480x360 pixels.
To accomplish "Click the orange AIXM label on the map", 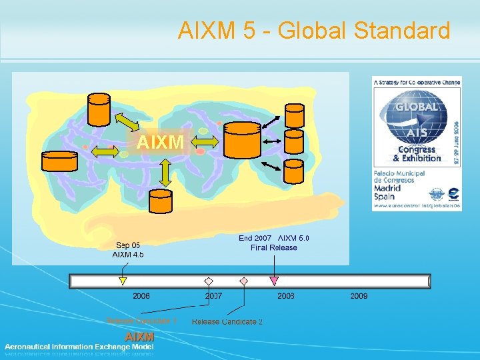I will point(160,142).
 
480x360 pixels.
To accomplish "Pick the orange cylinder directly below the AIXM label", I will point(165,203).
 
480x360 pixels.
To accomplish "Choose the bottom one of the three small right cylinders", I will point(294,171).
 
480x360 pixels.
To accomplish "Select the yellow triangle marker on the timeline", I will point(123,281).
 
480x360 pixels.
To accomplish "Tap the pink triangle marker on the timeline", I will point(273,281).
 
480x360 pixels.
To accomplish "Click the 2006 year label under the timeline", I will point(141,295).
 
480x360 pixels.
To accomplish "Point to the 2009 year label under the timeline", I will point(359,295).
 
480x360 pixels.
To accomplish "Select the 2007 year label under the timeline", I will point(214,295).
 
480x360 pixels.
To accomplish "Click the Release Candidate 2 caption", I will point(227,322).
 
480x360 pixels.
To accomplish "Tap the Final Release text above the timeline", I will point(274,247).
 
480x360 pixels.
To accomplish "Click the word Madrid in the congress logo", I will point(387,188).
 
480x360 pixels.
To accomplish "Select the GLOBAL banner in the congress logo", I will point(416,107).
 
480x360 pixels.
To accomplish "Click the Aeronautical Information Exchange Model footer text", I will point(79,347).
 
